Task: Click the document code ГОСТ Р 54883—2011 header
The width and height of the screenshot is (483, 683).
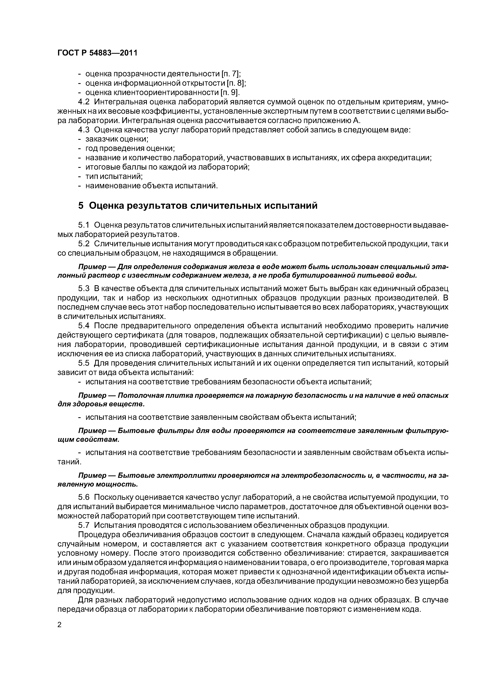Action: (97, 53)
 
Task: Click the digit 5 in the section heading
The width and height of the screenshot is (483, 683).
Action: (81, 206)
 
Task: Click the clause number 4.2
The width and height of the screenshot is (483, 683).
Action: (84, 102)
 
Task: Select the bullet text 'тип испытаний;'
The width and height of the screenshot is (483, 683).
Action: (114, 176)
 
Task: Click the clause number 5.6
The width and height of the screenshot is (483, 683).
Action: (84, 497)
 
